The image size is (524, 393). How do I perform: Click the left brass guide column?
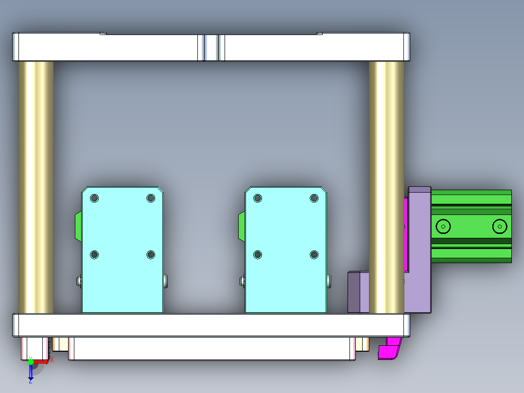[36, 187]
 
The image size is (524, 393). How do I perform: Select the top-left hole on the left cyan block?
[94, 198]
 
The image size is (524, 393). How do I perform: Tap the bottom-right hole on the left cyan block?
[151, 254]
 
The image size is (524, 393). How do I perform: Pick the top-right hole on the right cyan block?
[314, 198]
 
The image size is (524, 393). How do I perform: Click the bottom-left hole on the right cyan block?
[258, 254]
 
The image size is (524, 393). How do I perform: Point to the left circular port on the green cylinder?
[443, 227]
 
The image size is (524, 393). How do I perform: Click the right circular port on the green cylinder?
[499, 227]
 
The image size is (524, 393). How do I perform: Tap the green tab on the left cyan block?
[78, 226]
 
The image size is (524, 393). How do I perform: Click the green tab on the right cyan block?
[241, 226]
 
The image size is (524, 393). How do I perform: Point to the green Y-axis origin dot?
[31, 361]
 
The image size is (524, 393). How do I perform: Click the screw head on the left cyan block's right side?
[166, 280]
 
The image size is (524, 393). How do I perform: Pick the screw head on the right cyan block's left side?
[242, 280]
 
